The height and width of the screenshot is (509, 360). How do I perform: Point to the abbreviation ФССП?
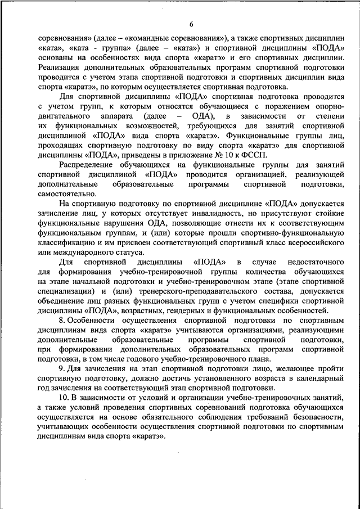coord(258,155)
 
